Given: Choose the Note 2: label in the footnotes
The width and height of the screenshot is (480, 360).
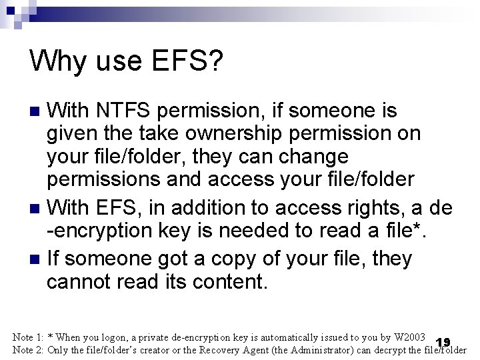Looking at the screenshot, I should click(x=28, y=350).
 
